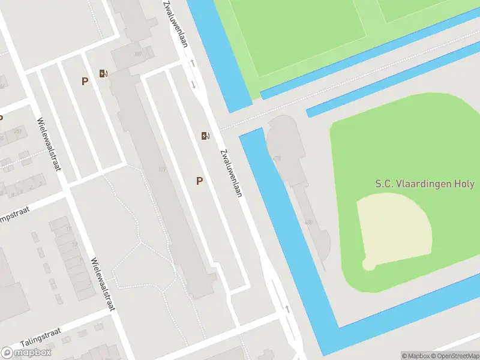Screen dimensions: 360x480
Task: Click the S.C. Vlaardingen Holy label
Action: (x=424, y=184)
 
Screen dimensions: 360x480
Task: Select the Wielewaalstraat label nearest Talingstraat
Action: (x=102, y=284)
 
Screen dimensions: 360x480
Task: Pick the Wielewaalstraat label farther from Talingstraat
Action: (x=49, y=144)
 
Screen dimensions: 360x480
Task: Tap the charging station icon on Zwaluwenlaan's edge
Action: (x=206, y=136)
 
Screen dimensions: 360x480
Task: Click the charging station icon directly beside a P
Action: (x=104, y=74)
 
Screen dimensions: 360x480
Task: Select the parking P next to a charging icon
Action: (x=85, y=81)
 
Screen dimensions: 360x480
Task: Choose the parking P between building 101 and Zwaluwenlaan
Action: (x=199, y=181)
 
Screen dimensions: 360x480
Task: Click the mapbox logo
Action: (x=26, y=352)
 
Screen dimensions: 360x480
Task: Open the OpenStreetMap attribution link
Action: (x=454, y=356)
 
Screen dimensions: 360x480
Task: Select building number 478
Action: (x=277, y=158)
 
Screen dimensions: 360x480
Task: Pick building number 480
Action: (x=309, y=223)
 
